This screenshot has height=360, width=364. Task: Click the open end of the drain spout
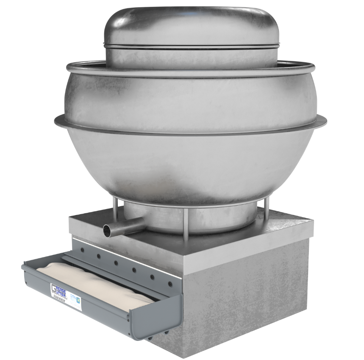pyautogui.click(x=108, y=231)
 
